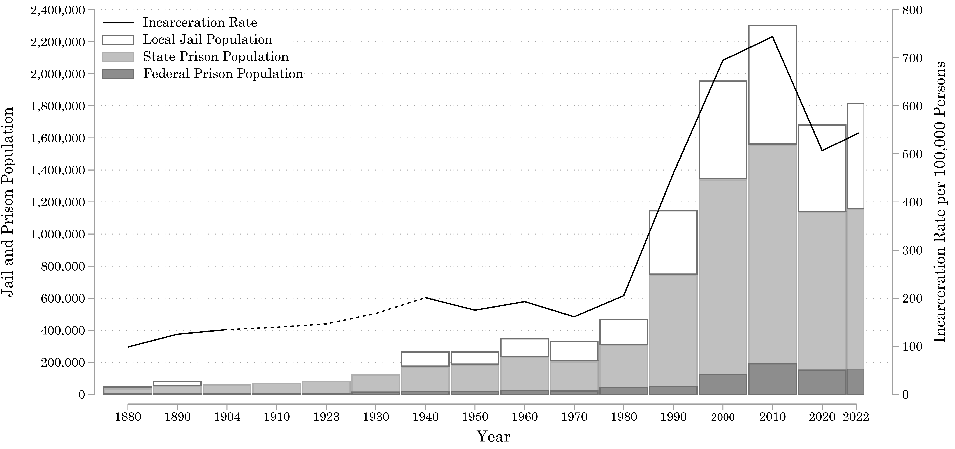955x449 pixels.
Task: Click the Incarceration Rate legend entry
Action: (200, 23)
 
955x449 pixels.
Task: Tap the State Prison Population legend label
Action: (216, 57)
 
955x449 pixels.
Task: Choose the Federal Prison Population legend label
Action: (223, 74)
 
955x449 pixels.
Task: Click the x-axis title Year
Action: (493, 436)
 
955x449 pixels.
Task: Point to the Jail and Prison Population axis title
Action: (8, 202)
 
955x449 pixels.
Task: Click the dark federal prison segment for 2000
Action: (723, 384)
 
